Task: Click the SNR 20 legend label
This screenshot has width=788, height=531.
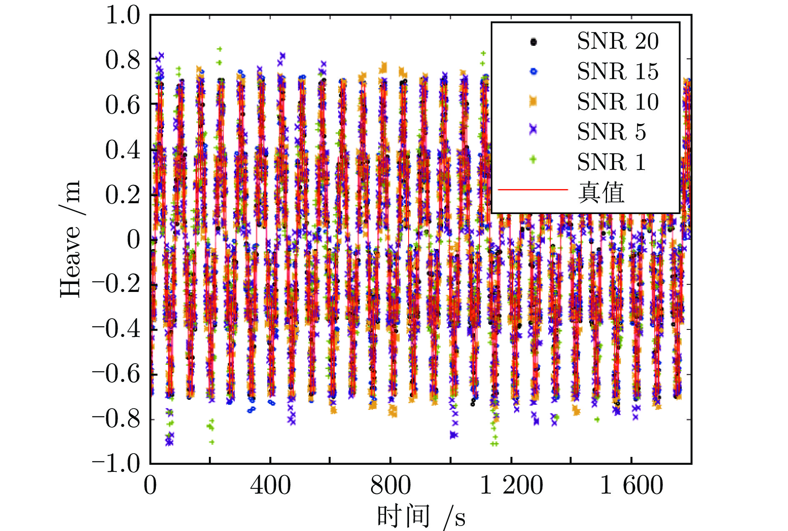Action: (617, 41)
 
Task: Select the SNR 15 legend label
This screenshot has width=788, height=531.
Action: (617, 71)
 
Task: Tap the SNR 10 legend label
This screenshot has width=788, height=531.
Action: (617, 102)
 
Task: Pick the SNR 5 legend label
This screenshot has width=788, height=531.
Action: (611, 132)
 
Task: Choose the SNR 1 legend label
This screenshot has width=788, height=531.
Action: (611, 162)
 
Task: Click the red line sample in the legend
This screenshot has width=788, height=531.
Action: (533, 190)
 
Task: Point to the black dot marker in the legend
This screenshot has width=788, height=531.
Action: (533, 42)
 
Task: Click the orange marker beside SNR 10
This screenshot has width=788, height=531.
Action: (533, 101)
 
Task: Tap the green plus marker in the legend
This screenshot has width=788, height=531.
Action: (533, 160)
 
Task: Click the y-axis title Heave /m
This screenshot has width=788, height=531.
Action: (70, 239)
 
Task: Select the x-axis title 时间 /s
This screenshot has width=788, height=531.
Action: (421, 516)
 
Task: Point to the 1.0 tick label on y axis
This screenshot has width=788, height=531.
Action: (123, 15)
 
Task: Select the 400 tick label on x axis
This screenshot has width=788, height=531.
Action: (270, 486)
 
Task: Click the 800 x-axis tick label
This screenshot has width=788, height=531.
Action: (390, 486)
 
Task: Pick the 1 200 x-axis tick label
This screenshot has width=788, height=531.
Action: (511, 486)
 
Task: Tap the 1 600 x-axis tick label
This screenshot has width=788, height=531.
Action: (631, 486)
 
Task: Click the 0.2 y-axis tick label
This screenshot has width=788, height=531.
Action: (123, 194)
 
